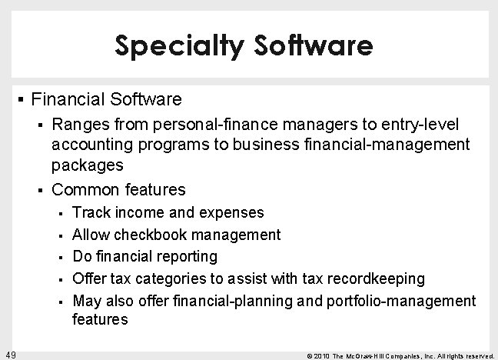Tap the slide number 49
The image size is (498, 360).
point(11,354)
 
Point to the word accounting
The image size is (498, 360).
point(90,143)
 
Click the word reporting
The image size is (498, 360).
point(182,255)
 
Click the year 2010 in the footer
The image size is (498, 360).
point(323,355)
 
